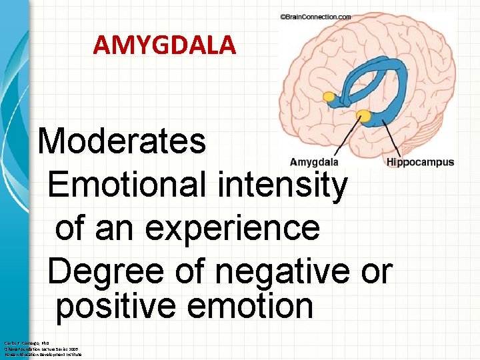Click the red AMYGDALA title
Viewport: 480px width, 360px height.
tap(164, 45)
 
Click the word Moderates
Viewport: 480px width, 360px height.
tap(122, 141)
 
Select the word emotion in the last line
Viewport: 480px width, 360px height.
tap(259, 306)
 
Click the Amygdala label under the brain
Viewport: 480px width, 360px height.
tap(314, 162)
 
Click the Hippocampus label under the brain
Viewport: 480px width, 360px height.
tap(420, 162)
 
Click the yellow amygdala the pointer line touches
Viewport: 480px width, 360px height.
tap(363, 117)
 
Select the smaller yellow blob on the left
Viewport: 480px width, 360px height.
tap(329, 97)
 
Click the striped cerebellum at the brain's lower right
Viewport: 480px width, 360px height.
tap(427, 133)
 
